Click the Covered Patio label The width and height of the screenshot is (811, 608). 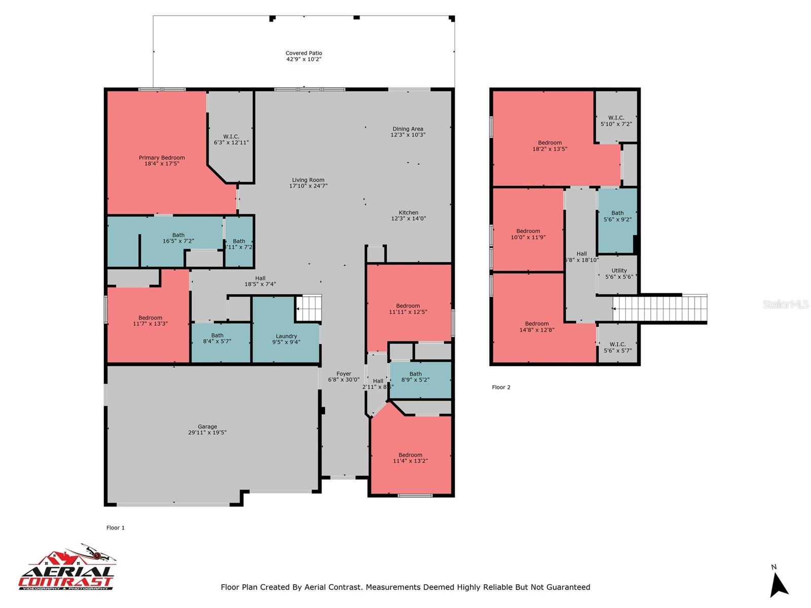point(304,53)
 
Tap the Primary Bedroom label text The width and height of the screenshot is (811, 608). point(162,158)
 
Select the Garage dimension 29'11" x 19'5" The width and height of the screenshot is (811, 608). point(207,433)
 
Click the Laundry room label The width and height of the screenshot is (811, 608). point(286,336)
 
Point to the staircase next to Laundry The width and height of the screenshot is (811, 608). point(309,308)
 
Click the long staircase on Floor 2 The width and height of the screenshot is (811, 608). point(659,309)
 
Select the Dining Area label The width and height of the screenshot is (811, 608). point(408,129)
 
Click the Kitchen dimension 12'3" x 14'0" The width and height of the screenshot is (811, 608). point(409,219)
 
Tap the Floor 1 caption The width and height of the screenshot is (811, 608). point(116,527)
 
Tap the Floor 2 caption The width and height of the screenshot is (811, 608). point(501,387)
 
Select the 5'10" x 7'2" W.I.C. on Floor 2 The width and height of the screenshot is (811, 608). point(616,121)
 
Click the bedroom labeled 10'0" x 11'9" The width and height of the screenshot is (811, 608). point(528,234)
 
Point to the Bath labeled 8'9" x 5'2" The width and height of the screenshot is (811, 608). point(416,377)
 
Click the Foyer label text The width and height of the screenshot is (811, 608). point(343,374)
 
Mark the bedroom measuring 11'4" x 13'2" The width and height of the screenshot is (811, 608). point(411,458)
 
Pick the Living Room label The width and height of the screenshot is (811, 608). point(308,180)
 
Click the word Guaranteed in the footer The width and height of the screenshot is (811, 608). point(566,587)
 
